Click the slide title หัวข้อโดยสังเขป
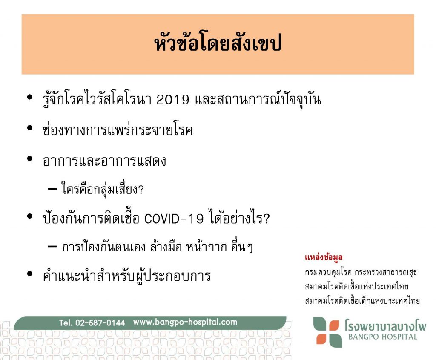[x=218, y=43]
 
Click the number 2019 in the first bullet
[x=173, y=100]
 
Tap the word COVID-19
[x=174, y=219]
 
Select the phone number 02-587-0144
[x=100, y=323]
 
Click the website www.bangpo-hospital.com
[x=185, y=322]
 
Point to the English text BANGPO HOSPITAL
[x=383, y=337]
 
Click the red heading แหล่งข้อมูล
[x=324, y=257]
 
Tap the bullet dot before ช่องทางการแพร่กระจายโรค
[x=30, y=128]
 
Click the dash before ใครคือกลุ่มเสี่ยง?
[x=52, y=189]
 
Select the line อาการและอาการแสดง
[x=104, y=161]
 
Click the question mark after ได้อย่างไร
[x=266, y=219]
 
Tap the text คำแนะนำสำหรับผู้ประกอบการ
[x=127, y=276]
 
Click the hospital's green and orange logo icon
[x=327, y=332]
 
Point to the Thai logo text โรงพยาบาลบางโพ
[x=385, y=325]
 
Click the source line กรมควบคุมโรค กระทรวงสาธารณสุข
[x=361, y=272]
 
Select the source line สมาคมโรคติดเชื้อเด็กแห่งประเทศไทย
[x=362, y=300]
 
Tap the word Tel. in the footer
[x=66, y=323]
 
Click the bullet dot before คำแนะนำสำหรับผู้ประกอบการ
[x=30, y=274]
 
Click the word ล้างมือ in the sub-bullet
[x=166, y=247]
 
